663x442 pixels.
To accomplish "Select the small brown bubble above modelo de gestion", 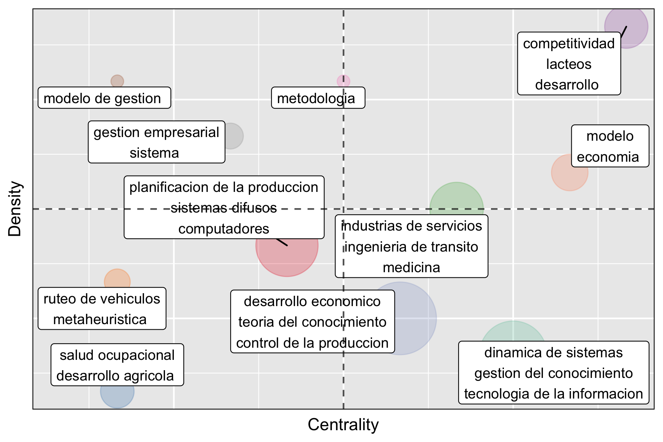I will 117,81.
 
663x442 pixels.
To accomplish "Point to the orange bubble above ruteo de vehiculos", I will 117,279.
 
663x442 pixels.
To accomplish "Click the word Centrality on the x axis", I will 343,425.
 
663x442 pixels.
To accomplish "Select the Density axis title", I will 15,208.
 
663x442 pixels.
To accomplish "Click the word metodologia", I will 316,98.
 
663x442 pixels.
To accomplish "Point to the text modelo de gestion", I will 102,98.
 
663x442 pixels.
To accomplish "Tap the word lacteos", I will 568,64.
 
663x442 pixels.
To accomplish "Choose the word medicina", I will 411,267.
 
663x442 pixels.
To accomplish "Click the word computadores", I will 224,229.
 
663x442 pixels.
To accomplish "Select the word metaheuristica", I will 100,319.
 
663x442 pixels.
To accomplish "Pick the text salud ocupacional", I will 117,355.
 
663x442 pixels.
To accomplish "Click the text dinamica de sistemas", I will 553,352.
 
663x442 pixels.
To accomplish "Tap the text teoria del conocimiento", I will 312,322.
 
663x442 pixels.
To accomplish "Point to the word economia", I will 608,157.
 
